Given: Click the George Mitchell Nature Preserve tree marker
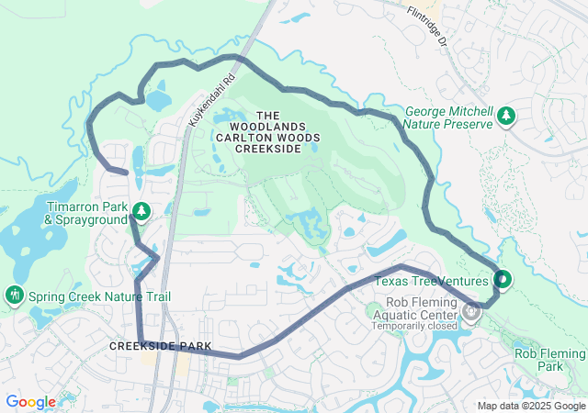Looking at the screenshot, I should point(505,117).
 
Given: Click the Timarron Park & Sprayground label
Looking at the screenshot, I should point(85,213).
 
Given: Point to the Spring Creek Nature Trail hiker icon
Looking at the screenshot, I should point(14,296).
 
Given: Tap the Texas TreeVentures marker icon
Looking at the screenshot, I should point(503,278).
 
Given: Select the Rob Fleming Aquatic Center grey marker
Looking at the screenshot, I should point(471,312).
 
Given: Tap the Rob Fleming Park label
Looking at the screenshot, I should point(549,360).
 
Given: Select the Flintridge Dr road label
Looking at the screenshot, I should point(428,27).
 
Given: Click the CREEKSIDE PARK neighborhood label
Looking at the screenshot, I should point(160,346).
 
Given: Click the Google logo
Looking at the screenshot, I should point(30,402).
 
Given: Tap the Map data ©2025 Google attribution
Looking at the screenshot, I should point(531,406).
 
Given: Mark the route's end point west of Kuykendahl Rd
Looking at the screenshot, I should point(125,172).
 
